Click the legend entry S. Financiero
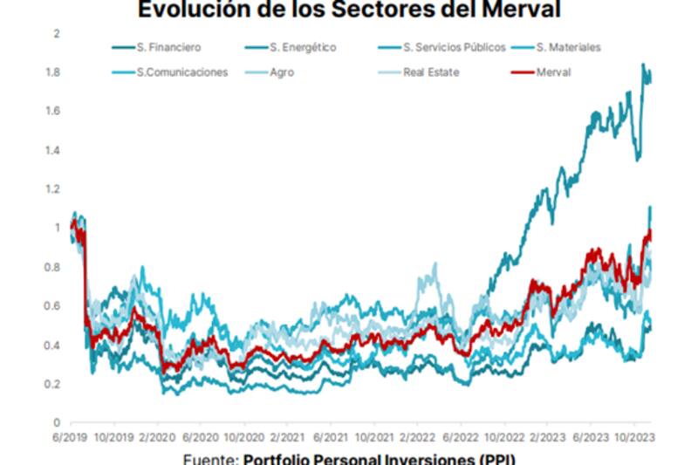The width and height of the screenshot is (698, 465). pyautogui.click(x=171, y=48)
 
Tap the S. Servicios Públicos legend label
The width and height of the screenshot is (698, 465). pyautogui.click(x=454, y=48)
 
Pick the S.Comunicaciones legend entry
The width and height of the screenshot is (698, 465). pyautogui.click(x=182, y=72)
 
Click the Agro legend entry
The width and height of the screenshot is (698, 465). pyautogui.click(x=282, y=72)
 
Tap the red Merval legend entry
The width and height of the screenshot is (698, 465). pyautogui.click(x=553, y=72)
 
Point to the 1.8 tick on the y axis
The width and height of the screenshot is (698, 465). pyautogui.click(x=53, y=72)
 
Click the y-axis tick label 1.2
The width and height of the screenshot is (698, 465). pyautogui.click(x=53, y=189)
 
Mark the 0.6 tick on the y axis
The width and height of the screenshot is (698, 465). pyautogui.click(x=53, y=306)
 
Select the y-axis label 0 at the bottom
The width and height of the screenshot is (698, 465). pyautogui.click(x=57, y=423)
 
